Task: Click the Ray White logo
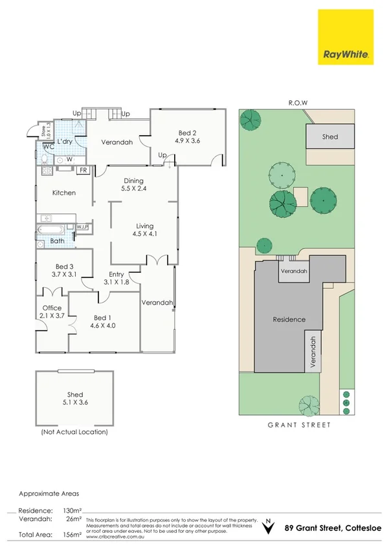click(x=346, y=38)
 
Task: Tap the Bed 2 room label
click(x=188, y=135)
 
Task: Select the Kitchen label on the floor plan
click(x=64, y=193)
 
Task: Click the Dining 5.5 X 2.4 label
click(x=132, y=185)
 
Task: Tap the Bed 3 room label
click(x=65, y=270)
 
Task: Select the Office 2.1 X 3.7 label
click(x=52, y=312)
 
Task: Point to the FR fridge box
click(x=83, y=171)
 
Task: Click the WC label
click(x=48, y=147)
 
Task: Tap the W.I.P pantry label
click(x=82, y=227)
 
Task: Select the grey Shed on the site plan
click(x=330, y=137)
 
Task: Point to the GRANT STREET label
click(x=299, y=425)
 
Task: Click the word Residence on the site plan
click(x=289, y=319)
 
